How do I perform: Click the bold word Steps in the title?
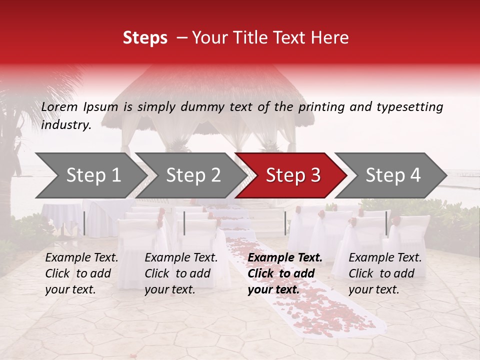[145, 38]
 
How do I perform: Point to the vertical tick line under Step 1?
[84, 223]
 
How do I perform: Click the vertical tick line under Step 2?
[184, 223]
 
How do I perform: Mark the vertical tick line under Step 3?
[285, 223]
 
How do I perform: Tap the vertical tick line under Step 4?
[386, 223]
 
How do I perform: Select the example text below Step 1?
[81, 273]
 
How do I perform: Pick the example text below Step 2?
[181, 273]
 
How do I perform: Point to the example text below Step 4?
[385, 273]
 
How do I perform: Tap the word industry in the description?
[66, 125]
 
